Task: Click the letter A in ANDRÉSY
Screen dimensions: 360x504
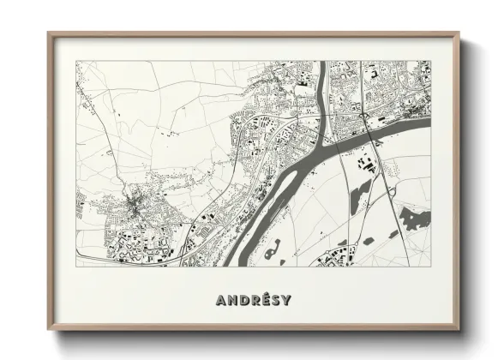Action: (221, 300)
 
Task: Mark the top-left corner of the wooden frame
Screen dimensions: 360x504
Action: (50, 34)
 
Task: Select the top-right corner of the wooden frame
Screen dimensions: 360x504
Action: (459, 34)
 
